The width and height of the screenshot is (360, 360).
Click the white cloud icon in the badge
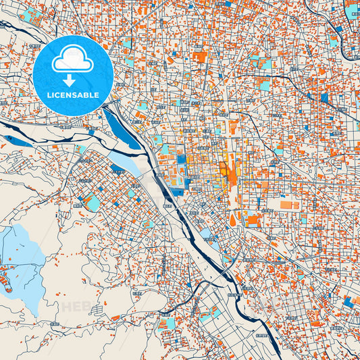(72, 60)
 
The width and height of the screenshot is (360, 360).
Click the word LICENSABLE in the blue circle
(72, 95)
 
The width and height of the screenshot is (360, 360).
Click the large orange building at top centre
(200, 57)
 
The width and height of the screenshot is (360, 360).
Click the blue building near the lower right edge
(348, 302)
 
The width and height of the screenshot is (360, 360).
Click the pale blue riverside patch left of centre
(125, 161)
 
